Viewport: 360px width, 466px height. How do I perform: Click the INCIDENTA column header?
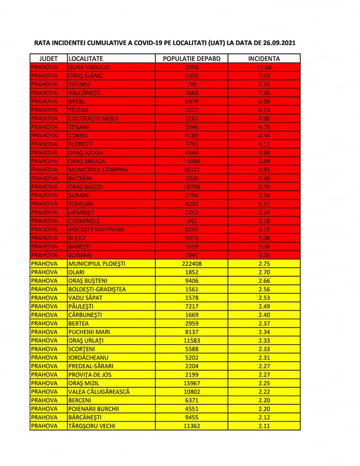[264, 59]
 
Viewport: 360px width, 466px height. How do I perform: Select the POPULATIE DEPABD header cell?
[192, 59]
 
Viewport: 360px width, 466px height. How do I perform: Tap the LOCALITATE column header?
[85, 59]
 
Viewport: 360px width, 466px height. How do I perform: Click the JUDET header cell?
[48, 59]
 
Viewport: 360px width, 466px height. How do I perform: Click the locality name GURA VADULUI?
[89, 67]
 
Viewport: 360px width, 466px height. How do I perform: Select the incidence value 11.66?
[264, 67]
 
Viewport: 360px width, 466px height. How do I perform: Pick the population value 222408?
[192, 264]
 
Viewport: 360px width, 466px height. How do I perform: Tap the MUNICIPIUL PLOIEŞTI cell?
[97, 264]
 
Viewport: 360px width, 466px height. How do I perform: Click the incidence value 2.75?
[264, 264]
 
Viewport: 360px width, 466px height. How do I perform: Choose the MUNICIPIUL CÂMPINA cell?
[98, 169]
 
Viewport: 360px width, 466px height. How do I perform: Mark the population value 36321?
[192, 169]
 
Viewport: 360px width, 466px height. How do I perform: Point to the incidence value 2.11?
[264, 426]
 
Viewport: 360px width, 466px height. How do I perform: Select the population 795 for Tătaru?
[192, 84]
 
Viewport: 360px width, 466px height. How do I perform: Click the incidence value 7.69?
[264, 76]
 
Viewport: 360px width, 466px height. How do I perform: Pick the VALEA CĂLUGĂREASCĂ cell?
[99, 391]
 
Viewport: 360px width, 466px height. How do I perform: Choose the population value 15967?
[192, 383]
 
